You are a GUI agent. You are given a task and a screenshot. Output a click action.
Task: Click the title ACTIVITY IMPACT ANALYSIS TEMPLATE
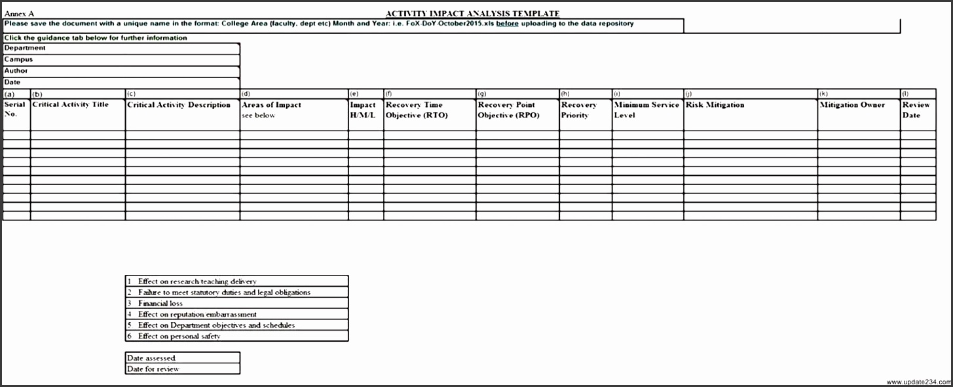472,14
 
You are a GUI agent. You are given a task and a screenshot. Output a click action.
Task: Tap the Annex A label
19,14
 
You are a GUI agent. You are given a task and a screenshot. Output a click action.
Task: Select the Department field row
121,48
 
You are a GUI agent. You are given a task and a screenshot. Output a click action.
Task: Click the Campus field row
121,60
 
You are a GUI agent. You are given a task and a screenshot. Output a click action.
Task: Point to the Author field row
121,71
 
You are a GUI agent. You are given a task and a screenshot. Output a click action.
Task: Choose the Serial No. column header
16,110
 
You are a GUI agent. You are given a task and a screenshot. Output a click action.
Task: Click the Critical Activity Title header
71,105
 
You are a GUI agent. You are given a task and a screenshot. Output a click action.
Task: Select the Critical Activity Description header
179,105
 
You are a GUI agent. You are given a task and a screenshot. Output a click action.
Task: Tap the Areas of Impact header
272,105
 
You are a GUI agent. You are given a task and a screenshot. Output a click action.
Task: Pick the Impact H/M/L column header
364,110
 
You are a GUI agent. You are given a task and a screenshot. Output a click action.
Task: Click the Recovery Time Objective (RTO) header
415,110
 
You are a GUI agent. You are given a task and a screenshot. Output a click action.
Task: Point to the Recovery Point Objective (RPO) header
507,110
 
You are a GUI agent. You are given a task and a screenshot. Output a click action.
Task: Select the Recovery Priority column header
579,110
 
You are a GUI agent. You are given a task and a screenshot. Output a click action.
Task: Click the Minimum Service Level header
646,110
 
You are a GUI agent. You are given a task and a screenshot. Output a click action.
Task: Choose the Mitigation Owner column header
852,105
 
